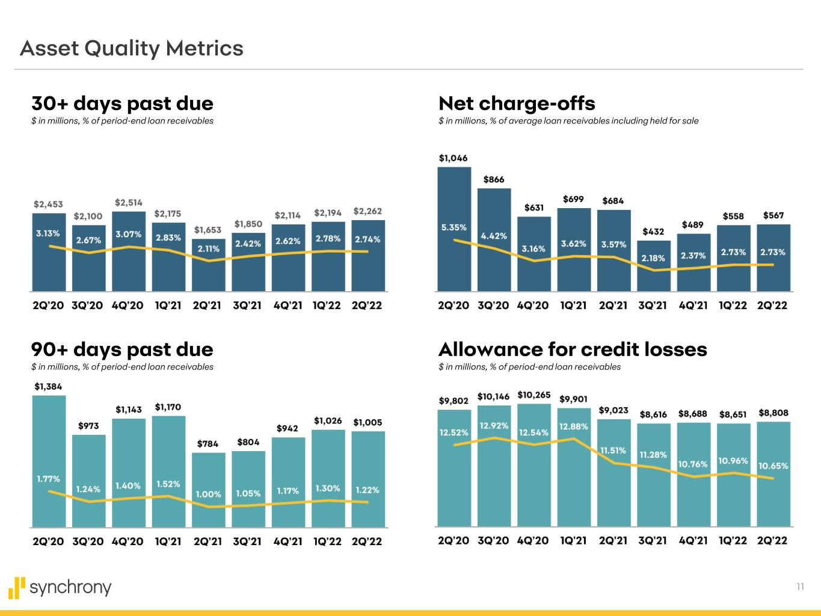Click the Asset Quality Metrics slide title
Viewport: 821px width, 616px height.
(x=132, y=48)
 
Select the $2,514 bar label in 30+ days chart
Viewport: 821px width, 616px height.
(x=129, y=202)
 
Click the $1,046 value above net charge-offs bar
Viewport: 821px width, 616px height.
(x=453, y=158)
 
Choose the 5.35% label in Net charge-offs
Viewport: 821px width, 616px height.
(x=454, y=227)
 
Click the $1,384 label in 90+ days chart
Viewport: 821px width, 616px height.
(x=48, y=386)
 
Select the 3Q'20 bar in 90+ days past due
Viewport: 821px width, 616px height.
(x=88, y=481)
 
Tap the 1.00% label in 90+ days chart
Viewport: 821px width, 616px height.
(x=208, y=494)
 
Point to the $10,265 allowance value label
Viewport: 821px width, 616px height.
(x=533, y=395)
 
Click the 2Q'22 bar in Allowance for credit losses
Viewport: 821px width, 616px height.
(x=773, y=475)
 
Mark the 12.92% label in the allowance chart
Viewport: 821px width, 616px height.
(x=494, y=425)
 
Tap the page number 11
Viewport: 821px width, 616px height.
(x=800, y=587)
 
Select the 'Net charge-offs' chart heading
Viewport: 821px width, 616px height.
(x=517, y=103)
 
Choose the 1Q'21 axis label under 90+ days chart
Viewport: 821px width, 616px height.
(x=168, y=541)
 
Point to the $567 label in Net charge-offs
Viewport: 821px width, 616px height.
(x=773, y=215)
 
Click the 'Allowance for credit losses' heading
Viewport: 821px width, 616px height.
(x=573, y=350)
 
